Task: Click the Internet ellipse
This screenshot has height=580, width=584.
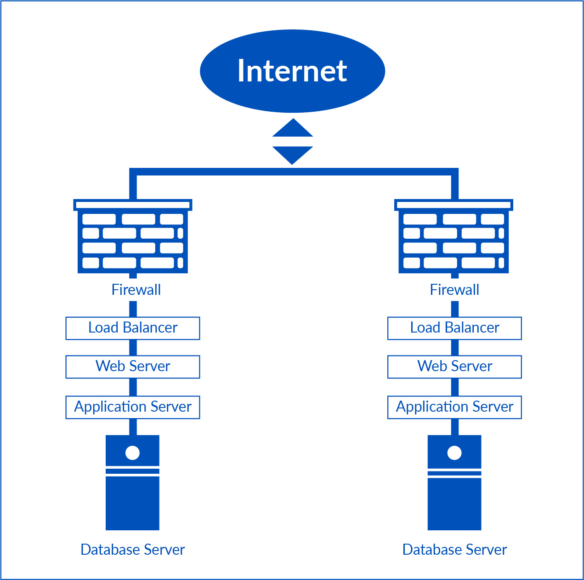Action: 292,71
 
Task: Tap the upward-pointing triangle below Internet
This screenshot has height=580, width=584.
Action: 293,130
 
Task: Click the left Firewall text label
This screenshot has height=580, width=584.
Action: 136,290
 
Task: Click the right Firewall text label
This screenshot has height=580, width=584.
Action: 454,290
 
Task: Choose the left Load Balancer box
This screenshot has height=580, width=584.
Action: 133,328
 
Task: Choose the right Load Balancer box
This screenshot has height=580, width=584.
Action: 454,328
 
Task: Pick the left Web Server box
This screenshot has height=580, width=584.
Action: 133,367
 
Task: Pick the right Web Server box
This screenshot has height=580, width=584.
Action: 454,367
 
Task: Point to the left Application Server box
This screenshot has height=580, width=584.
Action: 133,407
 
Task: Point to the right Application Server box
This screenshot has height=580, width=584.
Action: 454,407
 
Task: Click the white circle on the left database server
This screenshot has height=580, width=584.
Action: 132,453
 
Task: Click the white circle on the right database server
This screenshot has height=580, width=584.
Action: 454,453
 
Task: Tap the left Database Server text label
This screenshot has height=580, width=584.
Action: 132,550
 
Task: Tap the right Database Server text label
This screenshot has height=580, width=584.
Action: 454,550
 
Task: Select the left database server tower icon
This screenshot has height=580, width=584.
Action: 132,501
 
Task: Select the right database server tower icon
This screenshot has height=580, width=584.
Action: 454,501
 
